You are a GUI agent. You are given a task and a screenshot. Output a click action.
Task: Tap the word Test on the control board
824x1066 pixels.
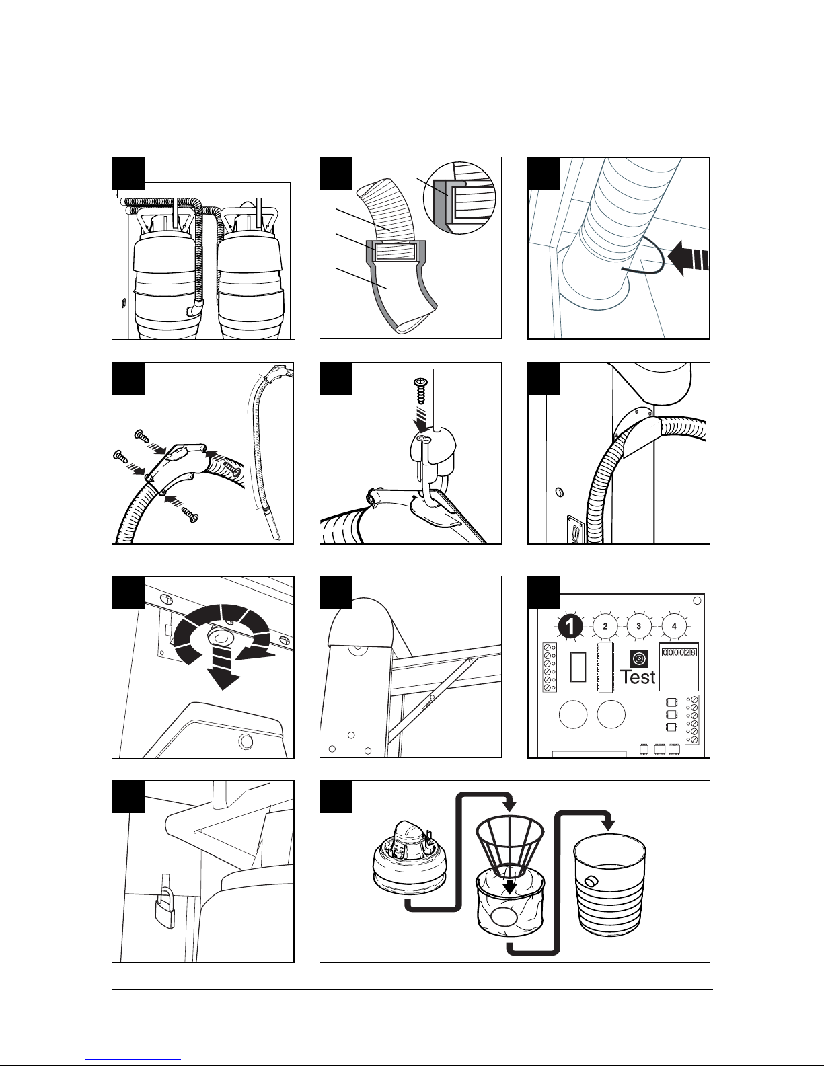pos(638,677)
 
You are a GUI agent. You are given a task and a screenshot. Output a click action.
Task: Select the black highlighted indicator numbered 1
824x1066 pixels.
pos(570,626)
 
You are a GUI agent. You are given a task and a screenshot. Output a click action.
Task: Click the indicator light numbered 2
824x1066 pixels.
pos(605,626)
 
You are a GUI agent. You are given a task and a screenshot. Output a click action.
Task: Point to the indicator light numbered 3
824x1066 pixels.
pos(638,626)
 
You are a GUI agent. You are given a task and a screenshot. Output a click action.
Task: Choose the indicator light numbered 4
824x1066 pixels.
pos(674,626)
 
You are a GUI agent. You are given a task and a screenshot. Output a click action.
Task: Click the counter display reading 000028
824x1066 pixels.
pos(679,652)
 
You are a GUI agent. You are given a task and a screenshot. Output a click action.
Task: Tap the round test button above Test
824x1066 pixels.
pos(638,659)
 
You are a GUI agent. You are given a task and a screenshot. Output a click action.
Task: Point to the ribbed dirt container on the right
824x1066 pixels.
pos(609,888)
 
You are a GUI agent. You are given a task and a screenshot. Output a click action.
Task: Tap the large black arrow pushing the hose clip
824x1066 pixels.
pos(687,259)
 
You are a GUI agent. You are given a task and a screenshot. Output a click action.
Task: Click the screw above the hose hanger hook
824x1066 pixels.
pos(420,391)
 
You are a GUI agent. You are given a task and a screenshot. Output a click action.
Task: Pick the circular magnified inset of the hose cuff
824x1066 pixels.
pos(459,198)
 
